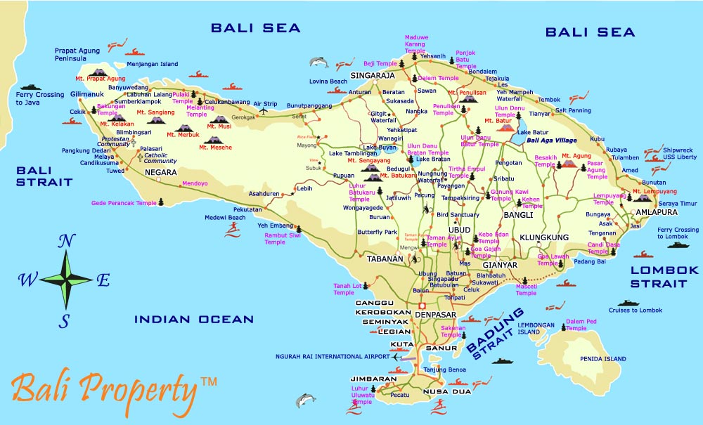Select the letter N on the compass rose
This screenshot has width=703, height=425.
(x=67, y=242)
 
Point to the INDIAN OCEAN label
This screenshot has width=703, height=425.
(x=194, y=320)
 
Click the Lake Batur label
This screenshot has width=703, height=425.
(x=532, y=133)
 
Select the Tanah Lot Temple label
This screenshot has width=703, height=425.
(x=344, y=289)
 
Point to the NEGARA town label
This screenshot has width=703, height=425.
(x=161, y=172)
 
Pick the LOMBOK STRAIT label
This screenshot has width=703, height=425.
(x=664, y=277)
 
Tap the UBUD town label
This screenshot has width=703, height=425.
(x=459, y=230)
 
